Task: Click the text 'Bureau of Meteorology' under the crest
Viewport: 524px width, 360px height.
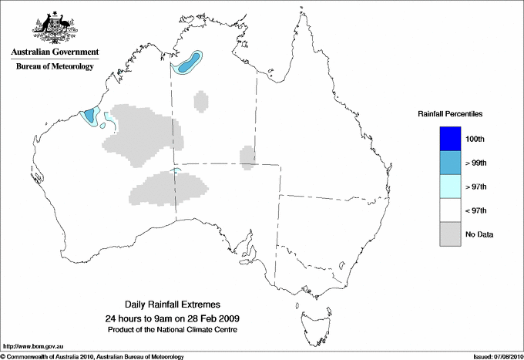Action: tap(55, 67)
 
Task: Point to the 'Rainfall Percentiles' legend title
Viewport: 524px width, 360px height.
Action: tap(450, 114)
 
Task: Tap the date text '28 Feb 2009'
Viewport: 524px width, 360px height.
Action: tap(213, 318)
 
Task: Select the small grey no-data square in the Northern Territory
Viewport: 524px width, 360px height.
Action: tap(201, 101)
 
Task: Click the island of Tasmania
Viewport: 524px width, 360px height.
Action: tap(308, 315)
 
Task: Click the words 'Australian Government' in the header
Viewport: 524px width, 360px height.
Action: tap(55, 52)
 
